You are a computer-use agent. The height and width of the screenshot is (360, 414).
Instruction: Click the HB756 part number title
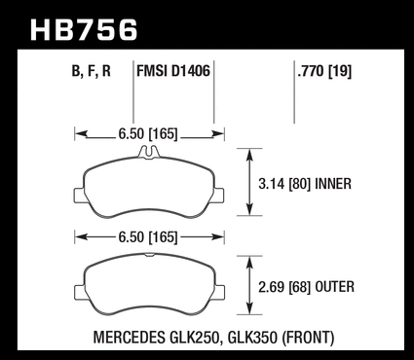click(x=84, y=30)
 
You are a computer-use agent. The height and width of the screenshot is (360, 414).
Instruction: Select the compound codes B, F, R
click(x=92, y=71)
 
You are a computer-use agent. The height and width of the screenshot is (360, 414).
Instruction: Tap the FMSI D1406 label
click(x=173, y=71)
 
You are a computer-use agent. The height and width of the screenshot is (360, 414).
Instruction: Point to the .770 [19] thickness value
click(x=324, y=71)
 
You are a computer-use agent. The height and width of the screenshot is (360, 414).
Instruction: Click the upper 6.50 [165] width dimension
click(x=148, y=134)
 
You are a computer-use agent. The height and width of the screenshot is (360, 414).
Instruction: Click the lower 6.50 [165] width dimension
click(x=148, y=237)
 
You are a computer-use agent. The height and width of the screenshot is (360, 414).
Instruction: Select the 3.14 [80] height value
click(x=283, y=184)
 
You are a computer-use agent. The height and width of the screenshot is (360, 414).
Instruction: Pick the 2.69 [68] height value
click(x=283, y=287)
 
